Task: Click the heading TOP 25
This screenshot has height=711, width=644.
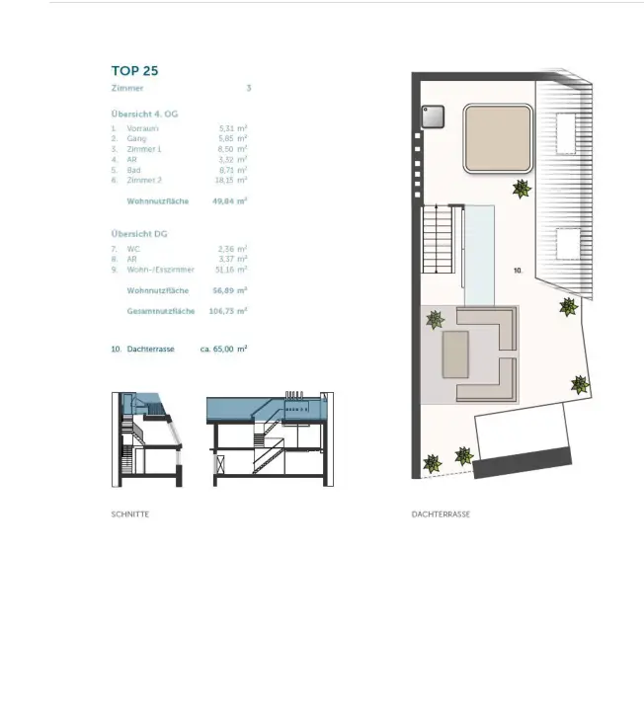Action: coord(134,71)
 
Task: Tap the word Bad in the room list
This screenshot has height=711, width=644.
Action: coord(132,170)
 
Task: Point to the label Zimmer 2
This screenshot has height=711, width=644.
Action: coord(142,180)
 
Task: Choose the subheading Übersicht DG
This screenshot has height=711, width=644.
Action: coord(139,233)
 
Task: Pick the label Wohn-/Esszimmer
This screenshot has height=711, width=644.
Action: coord(160,270)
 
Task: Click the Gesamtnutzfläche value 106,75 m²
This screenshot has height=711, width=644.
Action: coord(228,311)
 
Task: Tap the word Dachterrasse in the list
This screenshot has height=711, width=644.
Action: coord(150,349)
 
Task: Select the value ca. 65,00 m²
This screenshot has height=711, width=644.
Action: coord(223,349)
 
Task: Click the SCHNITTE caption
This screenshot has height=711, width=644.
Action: coord(130,514)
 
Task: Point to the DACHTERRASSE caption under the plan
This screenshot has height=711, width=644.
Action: coord(441,514)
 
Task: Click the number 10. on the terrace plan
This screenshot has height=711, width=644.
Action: coord(518,269)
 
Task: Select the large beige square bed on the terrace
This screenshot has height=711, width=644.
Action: coord(500,138)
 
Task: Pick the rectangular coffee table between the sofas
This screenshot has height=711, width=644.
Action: coord(455,354)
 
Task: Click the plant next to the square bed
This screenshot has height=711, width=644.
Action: coord(521,188)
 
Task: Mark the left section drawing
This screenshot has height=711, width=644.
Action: coord(147,438)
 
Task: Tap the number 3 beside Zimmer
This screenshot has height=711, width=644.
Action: coord(249,88)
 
